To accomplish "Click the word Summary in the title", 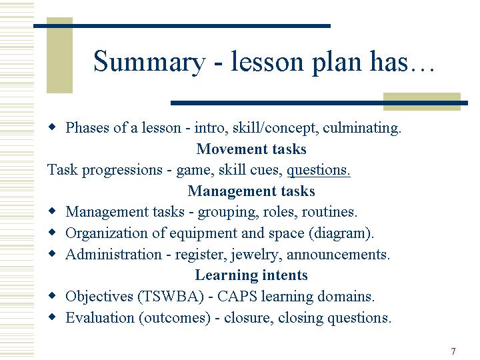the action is [x=149, y=63].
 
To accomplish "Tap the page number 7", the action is [x=453, y=351].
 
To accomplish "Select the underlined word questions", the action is [x=319, y=171].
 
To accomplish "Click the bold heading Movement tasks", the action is [x=251, y=149].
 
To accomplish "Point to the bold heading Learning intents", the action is [x=251, y=275].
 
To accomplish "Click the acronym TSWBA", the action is [x=171, y=296].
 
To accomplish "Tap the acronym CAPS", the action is [x=237, y=296].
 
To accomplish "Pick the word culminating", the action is [x=361, y=128].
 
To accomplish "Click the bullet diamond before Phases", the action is [x=53, y=127].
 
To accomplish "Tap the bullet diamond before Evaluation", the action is [x=53, y=316].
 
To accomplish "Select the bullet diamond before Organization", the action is [x=53, y=232].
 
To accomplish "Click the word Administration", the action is [x=113, y=255].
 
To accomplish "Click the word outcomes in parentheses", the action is [x=175, y=318].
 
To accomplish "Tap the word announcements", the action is [x=338, y=255].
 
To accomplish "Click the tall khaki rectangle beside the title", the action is [x=59, y=55].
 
